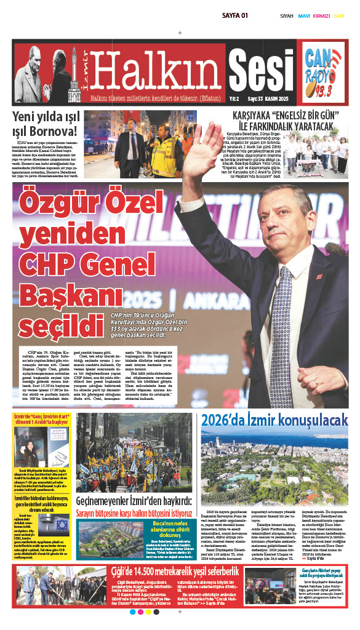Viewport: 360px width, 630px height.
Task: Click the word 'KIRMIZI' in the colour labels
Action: coord(321,16)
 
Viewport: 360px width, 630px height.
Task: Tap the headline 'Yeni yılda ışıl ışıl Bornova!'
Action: coord(45,123)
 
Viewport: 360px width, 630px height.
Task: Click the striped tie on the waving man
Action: coord(280,332)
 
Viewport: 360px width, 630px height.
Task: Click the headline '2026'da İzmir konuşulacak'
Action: coord(274,420)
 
